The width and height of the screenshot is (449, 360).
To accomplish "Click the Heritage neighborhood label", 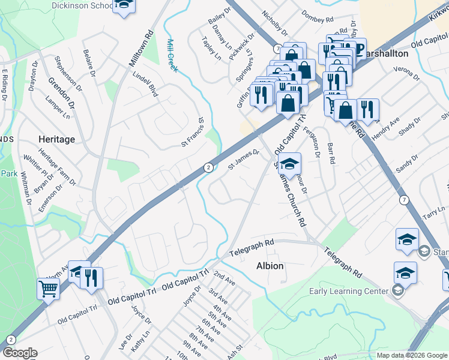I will pyautogui.click(x=56, y=139).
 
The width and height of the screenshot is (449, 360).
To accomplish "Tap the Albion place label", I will pyautogui.click(x=270, y=266).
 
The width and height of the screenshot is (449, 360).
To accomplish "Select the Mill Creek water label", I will pyautogui.click(x=172, y=56).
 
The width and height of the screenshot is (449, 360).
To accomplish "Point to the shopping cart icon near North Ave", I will pyautogui.click(x=48, y=289).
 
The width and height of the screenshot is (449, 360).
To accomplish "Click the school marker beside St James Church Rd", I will pyautogui.click(x=289, y=164).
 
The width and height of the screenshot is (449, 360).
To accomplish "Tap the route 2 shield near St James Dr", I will pyautogui.click(x=208, y=167).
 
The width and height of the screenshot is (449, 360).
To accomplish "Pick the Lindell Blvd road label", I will pyautogui.click(x=145, y=84).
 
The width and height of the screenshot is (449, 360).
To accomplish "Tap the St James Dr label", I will pyautogui.click(x=244, y=160).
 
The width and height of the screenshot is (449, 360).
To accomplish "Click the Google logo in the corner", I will pyautogui.click(x=19, y=353).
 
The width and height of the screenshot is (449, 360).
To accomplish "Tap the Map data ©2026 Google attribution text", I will pyautogui.click(x=411, y=355).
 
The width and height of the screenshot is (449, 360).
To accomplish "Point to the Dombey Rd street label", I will pyautogui.click(x=316, y=16).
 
